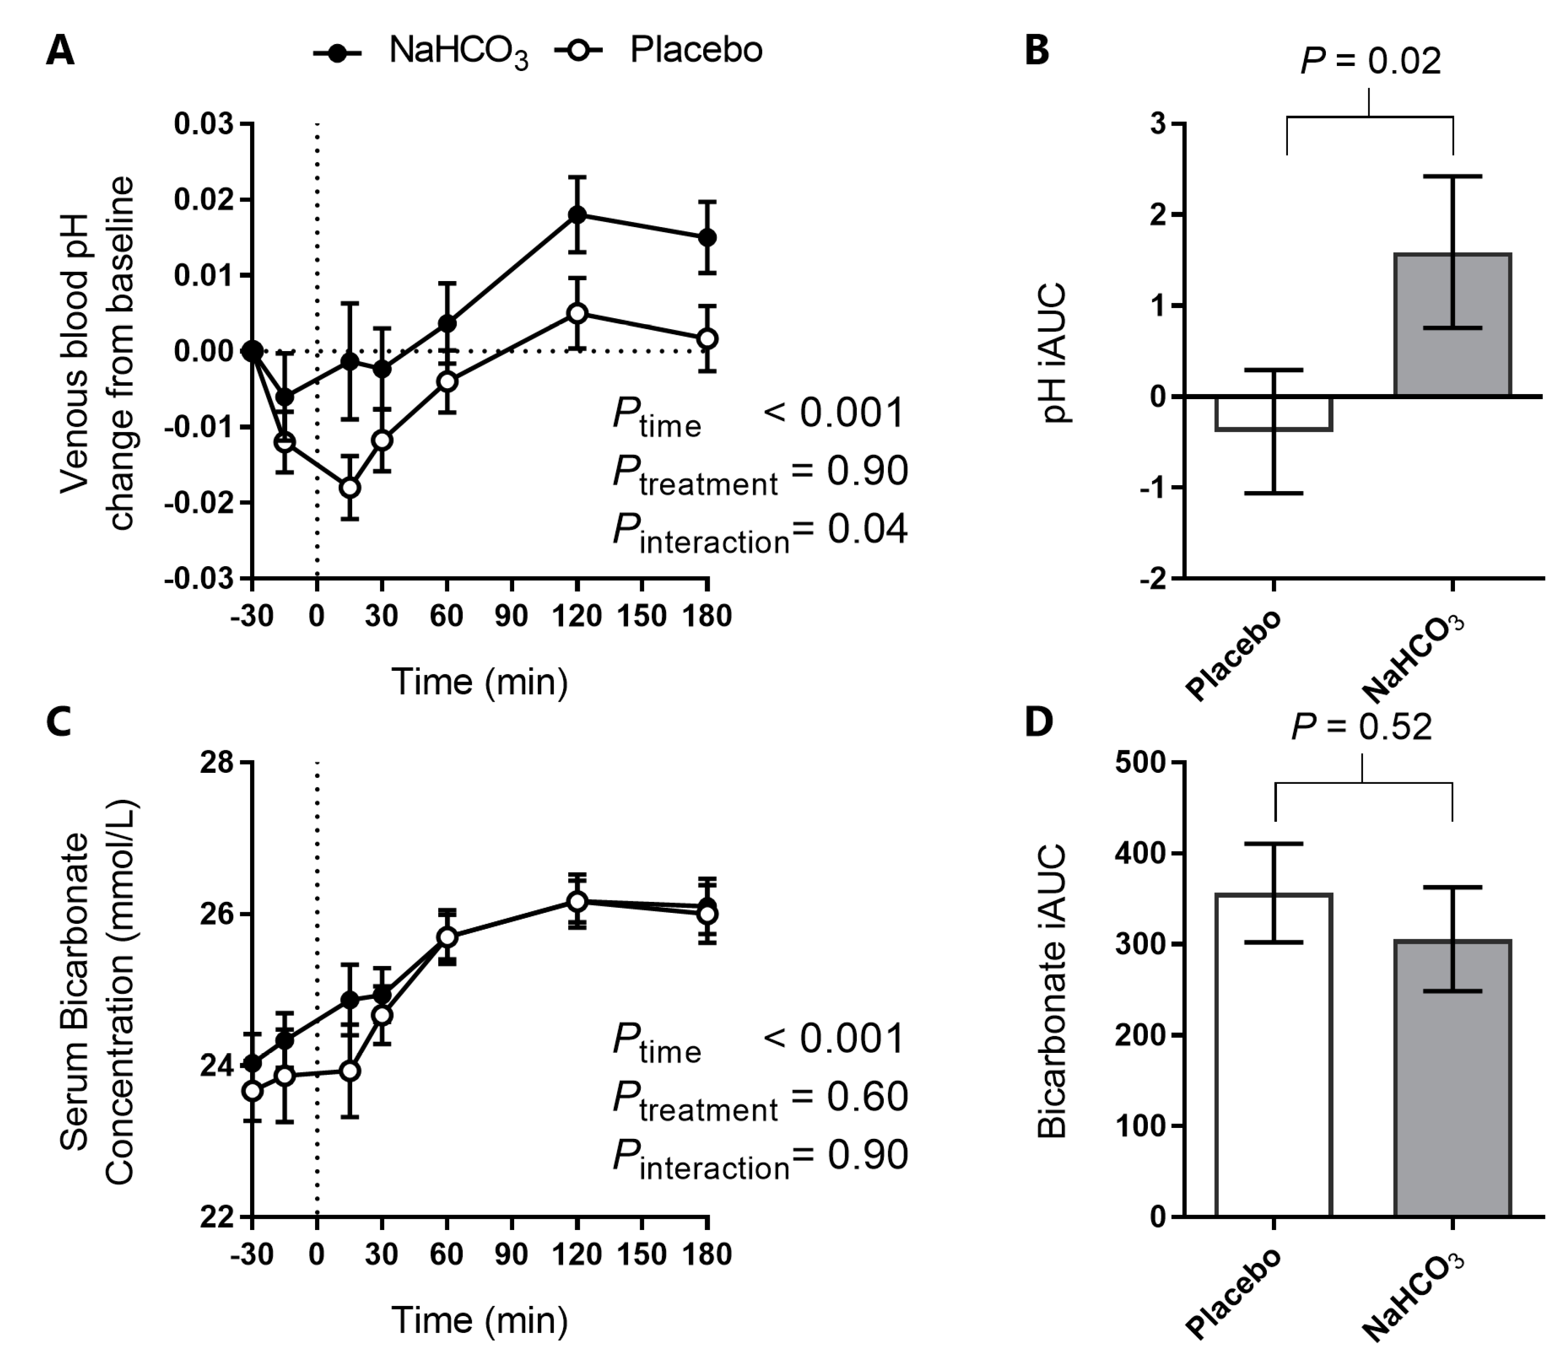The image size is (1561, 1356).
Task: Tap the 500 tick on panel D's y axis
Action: [1140, 763]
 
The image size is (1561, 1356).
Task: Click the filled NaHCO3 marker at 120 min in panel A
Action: [577, 214]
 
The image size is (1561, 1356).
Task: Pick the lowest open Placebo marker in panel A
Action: [350, 487]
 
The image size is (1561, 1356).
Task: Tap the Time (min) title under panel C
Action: [480, 1320]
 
